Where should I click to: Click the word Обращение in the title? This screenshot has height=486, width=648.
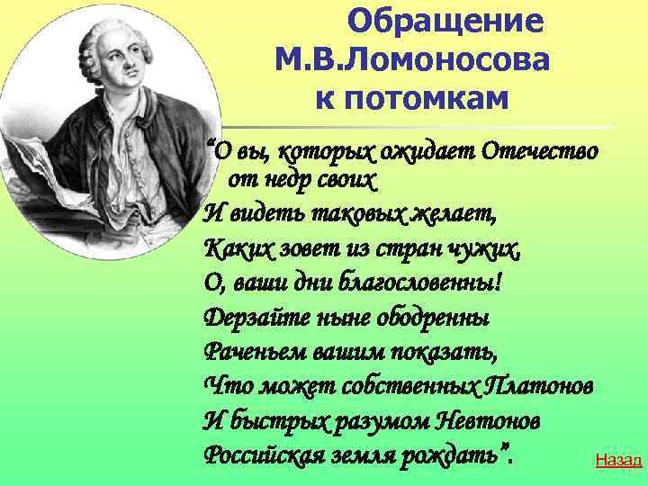pos(445,21)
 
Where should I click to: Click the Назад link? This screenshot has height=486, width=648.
pos(618,461)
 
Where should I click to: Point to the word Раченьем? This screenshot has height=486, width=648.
pos(249,351)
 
